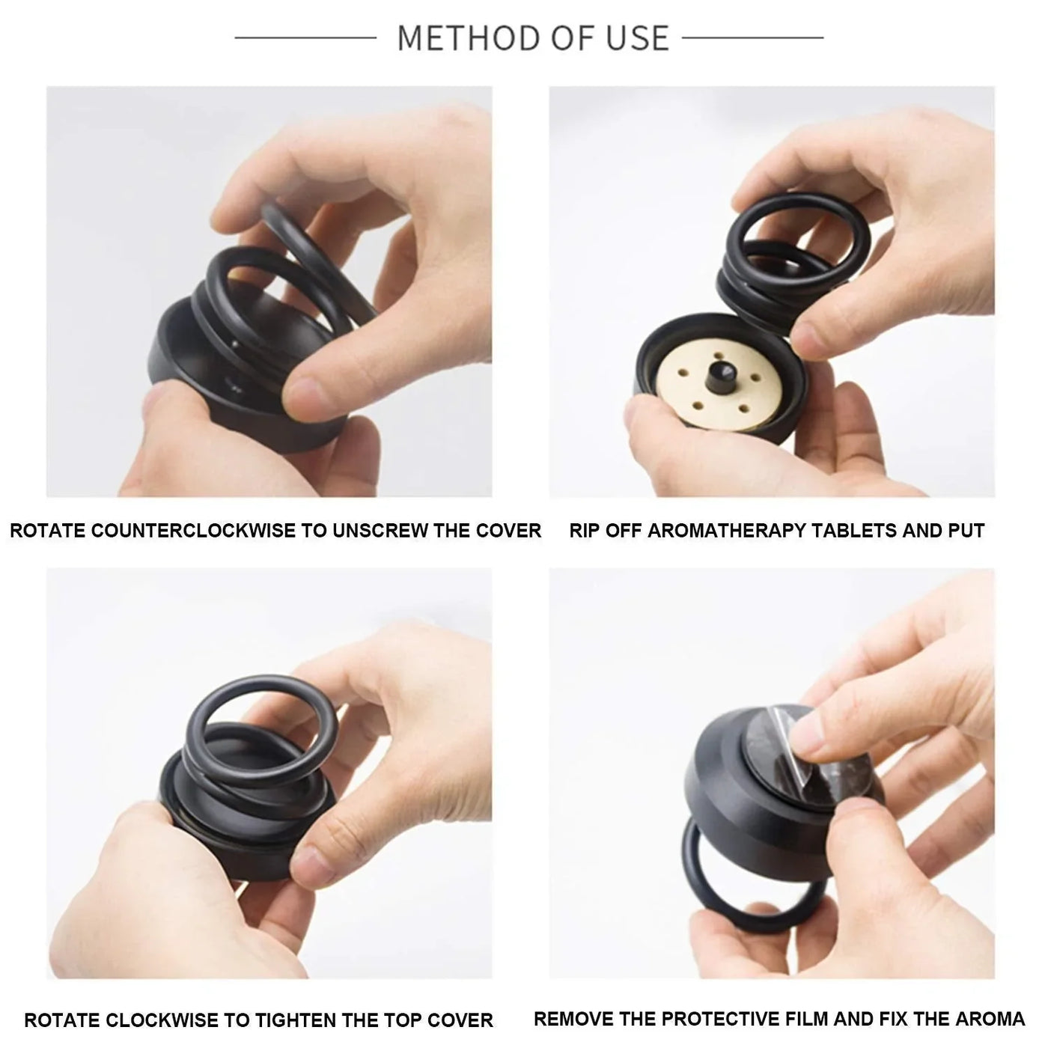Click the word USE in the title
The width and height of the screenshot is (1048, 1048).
point(638,37)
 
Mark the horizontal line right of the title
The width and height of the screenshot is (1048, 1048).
point(752,37)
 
